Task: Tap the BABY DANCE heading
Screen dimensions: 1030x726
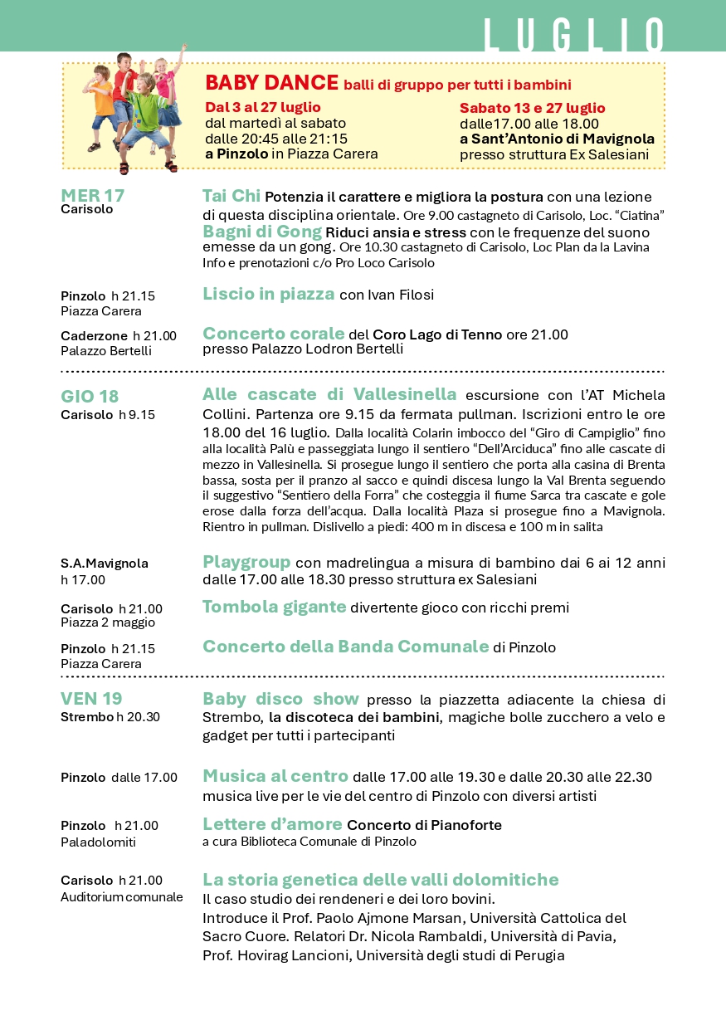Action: point(272,82)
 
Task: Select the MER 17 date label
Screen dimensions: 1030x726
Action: point(92,196)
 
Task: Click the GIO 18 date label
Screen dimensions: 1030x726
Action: point(90,397)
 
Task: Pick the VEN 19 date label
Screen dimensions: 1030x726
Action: point(91,699)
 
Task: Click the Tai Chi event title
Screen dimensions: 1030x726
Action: point(231,196)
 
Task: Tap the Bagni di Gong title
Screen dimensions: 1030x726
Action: point(262,232)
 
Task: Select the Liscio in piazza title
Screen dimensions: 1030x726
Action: point(269,294)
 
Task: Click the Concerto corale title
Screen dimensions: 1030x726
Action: point(274,334)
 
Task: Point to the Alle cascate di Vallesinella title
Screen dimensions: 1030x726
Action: point(329,393)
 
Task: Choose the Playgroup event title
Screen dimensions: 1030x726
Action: point(246,562)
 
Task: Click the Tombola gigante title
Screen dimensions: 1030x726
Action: point(274,607)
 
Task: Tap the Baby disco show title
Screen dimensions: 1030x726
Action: point(280,699)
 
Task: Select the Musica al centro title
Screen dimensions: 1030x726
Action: point(275,776)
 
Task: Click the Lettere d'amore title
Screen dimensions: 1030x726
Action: point(272,824)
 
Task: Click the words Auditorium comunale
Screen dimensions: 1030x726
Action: point(122,896)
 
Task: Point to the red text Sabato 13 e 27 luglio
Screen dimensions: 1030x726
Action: point(533,108)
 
